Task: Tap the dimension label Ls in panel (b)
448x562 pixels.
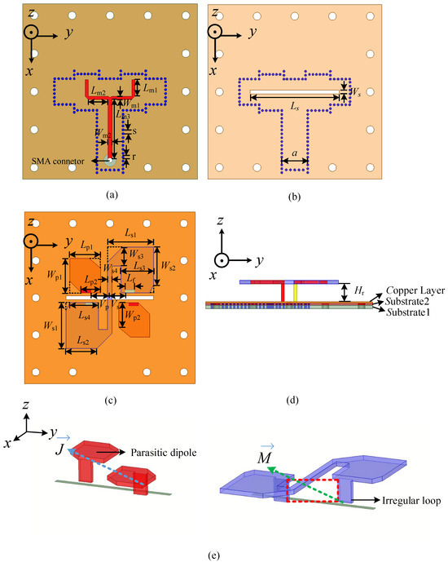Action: click(294, 106)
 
